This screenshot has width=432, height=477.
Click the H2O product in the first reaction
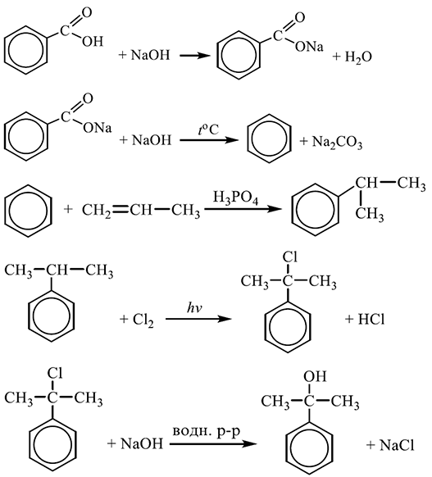tap(358, 57)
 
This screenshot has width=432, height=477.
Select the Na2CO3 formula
tap(337, 142)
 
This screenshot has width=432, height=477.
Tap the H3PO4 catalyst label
tap(235, 198)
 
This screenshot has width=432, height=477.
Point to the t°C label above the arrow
tap(208, 130)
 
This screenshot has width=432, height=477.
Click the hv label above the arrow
tap(195, 308)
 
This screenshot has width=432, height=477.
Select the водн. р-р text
tap(207, 432)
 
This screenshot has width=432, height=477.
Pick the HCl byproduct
tap(371, 320)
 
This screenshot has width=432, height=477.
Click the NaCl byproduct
tap(397, 445)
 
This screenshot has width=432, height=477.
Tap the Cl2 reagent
tap(143, 320)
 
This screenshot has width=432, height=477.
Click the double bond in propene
tap(121, 210)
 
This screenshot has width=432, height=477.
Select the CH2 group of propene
tap(97, 211)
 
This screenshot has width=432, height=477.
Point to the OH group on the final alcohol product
tap(315, 376)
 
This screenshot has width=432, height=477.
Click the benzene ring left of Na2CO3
tap(269, 139)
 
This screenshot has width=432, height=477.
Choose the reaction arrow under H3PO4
tap(242, 210)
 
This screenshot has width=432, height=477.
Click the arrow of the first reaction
tap(195, 56)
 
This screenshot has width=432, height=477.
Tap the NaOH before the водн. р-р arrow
tap(142, 444)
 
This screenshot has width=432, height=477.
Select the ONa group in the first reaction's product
tap(309, 47)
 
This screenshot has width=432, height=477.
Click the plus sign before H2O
tap(336, 57)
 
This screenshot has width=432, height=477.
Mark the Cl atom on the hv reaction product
tap(289, 257)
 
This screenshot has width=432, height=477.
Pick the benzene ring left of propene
tap(28, 211)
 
